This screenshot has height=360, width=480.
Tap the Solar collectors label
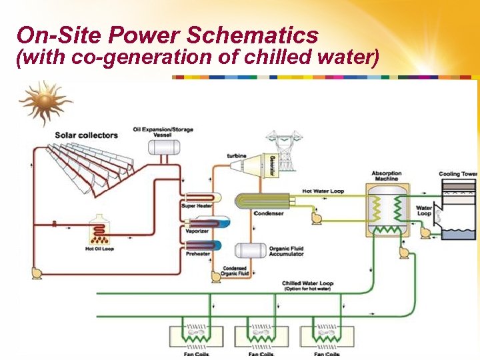(86, 135)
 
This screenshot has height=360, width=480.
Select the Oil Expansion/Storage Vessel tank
(162, 146)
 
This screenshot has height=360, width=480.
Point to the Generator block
(272, 166)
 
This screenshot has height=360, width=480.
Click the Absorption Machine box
(386, 208)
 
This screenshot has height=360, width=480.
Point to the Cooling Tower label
(458, 174)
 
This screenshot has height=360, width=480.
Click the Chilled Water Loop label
(307, 284)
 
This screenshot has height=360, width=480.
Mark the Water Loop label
(424, 210)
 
